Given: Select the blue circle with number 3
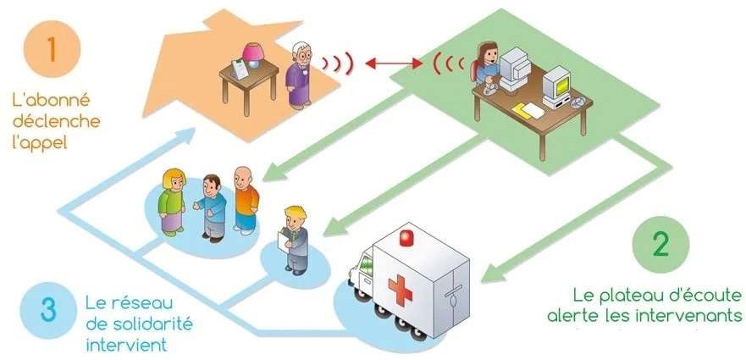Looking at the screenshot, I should (47, 309).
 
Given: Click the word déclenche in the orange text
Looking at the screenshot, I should (57, 120).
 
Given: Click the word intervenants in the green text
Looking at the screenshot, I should (697, 317).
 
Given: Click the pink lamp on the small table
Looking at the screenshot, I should (252, 55).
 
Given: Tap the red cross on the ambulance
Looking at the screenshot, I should (399, 289).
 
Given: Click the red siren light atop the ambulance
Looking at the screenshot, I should (409, 234).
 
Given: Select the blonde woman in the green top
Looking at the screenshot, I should (174, 200).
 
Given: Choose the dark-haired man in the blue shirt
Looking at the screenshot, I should (211, 207).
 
